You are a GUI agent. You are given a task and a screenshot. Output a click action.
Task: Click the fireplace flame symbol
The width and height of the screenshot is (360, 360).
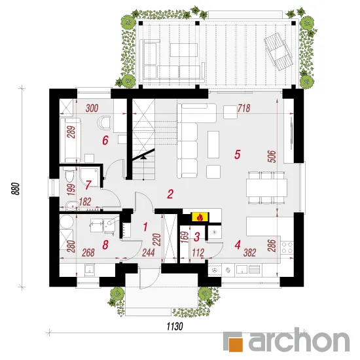200,217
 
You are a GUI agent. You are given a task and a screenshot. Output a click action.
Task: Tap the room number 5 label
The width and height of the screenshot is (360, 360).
237,154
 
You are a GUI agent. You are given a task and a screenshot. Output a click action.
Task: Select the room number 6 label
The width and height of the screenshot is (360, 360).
105,140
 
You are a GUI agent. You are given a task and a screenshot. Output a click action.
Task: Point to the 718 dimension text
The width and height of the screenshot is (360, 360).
244,108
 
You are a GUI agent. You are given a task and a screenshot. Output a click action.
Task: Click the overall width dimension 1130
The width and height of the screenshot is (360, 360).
175,326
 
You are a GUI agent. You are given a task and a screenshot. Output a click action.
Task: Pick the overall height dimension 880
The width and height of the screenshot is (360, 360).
16,189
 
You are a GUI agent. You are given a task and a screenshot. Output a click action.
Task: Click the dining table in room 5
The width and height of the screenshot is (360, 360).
266,188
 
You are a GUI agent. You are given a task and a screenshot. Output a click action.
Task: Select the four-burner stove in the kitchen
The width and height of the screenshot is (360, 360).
287,247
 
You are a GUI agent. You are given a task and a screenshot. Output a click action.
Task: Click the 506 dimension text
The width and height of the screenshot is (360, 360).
272,156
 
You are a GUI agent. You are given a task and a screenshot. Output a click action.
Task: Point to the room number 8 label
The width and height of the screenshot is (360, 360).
105,245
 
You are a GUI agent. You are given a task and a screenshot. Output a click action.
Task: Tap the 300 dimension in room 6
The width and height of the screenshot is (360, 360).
92,108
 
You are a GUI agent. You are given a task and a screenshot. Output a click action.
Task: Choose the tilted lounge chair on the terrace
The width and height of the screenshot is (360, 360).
278,52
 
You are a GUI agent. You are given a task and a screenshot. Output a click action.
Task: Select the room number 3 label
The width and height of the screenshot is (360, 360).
196,237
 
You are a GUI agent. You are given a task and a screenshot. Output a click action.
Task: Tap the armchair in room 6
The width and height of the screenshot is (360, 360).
104,122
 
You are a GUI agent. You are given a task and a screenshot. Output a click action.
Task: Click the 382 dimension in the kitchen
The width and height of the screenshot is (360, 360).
249,253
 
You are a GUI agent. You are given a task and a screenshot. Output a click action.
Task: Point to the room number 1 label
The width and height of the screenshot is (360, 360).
145,227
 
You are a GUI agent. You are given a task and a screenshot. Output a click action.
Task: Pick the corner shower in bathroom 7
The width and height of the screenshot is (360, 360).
90,177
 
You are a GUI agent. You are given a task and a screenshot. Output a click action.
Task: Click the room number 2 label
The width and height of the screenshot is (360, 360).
170,194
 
